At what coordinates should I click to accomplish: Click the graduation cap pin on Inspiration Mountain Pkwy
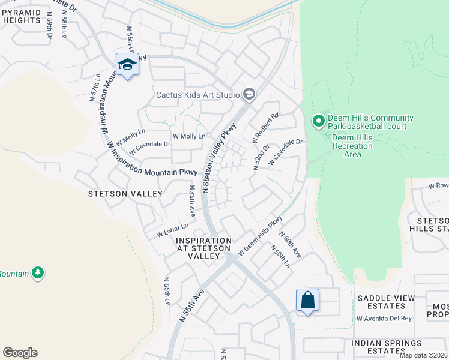[x=127, y=64]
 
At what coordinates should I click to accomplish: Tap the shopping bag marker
[x=307, y=300]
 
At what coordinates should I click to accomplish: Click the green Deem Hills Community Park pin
[x=319, y=122]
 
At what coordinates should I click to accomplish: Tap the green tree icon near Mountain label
[x=38, y=273]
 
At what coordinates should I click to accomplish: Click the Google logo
[x=20, y=353]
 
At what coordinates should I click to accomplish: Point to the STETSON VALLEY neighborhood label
[x=125, y=194]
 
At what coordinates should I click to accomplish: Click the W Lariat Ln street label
[x=172, y=229]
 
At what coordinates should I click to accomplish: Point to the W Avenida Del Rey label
[x=384, y=318]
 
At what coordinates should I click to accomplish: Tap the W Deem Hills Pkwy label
[x=260, y=237]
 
